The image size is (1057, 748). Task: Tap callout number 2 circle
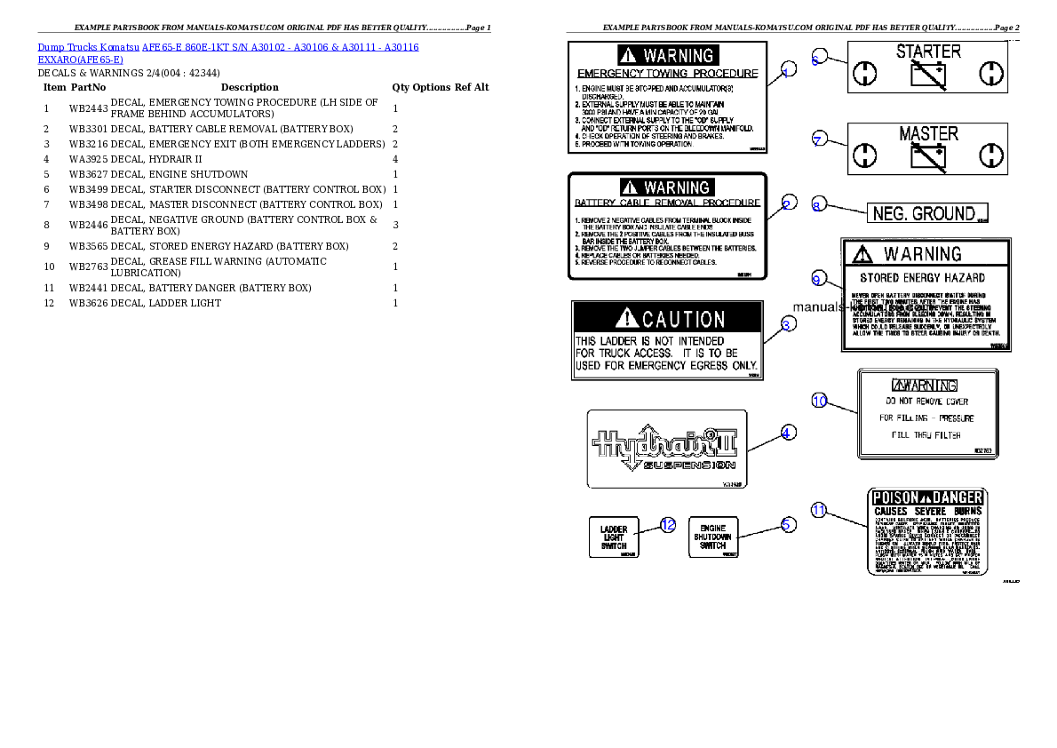coord(787,204)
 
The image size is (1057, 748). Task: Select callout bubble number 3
coord(786,325)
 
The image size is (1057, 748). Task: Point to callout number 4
coord(787,433)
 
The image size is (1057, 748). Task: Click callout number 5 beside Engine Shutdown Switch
coord(787,524)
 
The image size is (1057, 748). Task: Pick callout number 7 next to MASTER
coord(819,138)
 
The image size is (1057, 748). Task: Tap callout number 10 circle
coord(820,401)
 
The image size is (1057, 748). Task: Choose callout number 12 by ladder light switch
coord(668,524)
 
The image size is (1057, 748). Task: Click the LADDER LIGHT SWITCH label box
coord(614,537)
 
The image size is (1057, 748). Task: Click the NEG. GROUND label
coord(926,213)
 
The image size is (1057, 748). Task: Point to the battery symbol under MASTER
coord(928,157)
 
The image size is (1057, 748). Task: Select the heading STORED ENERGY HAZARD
coord(922,278)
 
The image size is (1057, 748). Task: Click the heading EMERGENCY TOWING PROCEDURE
coord(668,74)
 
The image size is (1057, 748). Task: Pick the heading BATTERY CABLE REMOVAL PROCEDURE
coord(668,203)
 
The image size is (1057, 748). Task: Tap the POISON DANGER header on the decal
coord(926,497)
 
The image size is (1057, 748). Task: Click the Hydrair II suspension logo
coord(667,447)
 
